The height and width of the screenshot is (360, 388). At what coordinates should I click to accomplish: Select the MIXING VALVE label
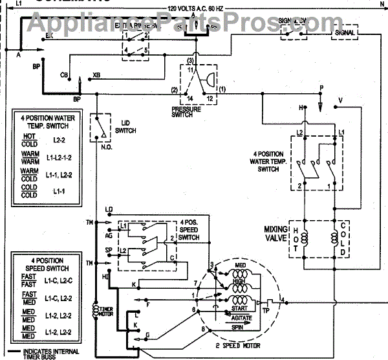[279, 234]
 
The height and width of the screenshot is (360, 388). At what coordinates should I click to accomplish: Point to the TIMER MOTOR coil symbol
[98, 311]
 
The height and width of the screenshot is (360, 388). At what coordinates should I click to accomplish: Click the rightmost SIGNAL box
[346, 32]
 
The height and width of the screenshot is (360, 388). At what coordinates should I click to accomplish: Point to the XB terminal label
[97, 76]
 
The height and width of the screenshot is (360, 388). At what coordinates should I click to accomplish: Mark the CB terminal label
[65, 75]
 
